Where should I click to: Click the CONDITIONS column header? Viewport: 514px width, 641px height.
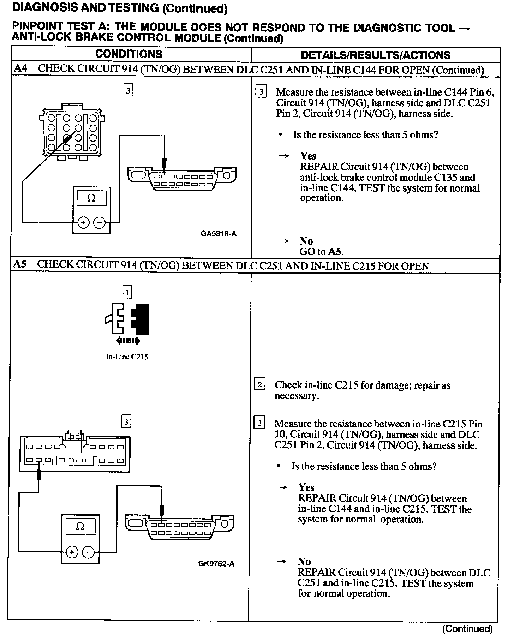129,54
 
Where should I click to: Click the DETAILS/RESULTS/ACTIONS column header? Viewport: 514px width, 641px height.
376,55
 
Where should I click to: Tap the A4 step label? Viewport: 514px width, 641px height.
20,68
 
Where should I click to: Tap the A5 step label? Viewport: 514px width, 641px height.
20,264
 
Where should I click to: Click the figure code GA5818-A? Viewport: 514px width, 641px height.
219,233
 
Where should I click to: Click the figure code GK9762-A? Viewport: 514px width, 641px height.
216,563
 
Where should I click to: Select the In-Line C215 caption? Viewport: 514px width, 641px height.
127,357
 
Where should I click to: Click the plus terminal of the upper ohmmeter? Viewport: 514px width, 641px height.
83,223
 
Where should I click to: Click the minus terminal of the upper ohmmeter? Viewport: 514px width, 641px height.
100,223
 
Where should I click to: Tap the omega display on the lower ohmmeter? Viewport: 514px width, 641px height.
80,527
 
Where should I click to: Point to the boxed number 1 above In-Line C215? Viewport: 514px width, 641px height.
127,292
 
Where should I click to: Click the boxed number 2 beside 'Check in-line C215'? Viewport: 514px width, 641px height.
260,384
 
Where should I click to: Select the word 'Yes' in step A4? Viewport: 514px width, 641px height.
308,156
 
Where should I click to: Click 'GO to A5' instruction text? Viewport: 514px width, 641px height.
321,252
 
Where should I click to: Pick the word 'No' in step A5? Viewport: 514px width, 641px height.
304,561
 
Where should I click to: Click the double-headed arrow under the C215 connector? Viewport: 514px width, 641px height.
128,341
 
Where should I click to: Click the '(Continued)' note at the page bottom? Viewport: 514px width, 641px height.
467,629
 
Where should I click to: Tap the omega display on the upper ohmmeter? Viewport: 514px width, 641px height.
91,198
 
